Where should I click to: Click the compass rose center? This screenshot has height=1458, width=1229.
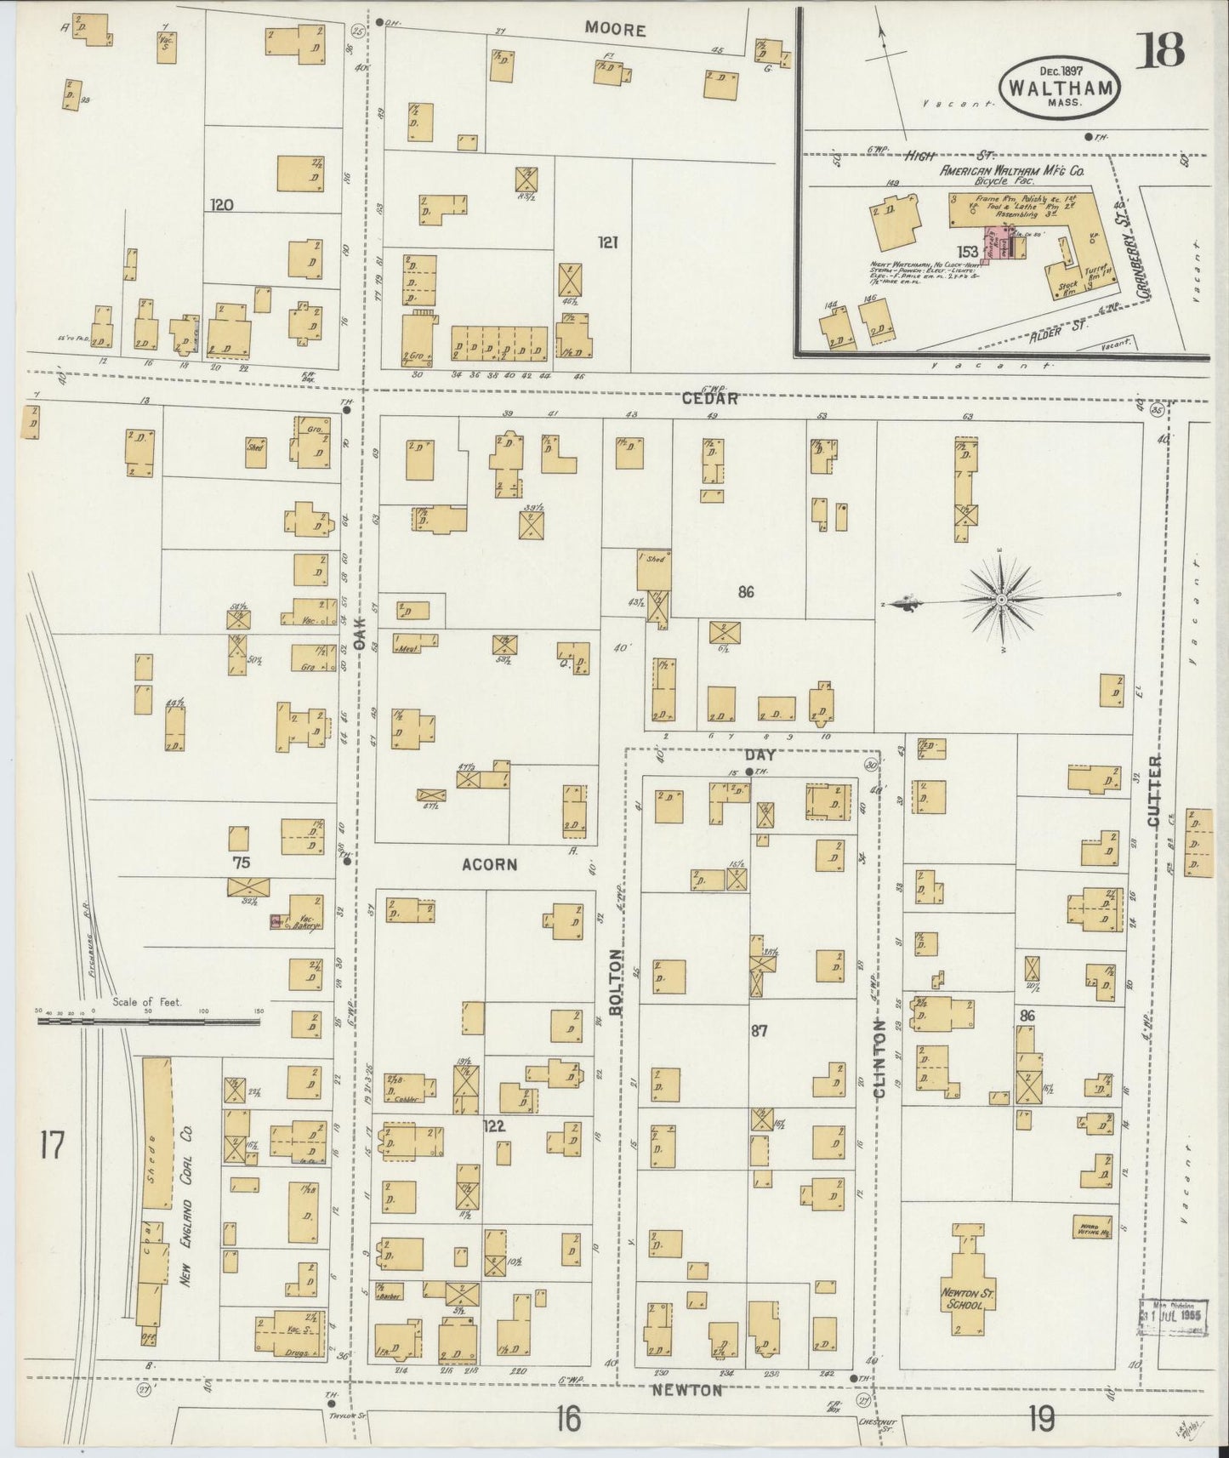point(1002,601)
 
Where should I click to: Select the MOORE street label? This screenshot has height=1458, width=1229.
point(615,30)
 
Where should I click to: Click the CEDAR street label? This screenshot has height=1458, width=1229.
point(708,398)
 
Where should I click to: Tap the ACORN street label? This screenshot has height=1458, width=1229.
point(489,864)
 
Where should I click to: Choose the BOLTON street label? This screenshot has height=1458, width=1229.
point(615,982)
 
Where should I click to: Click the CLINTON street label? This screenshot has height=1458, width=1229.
point(879,1058)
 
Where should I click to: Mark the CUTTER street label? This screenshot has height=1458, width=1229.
point(1153,791)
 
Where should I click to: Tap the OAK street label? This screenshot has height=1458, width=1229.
point(359,633)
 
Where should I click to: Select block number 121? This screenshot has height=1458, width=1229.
point(606,243)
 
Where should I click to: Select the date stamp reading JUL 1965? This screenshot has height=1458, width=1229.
point(1173,1336)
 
